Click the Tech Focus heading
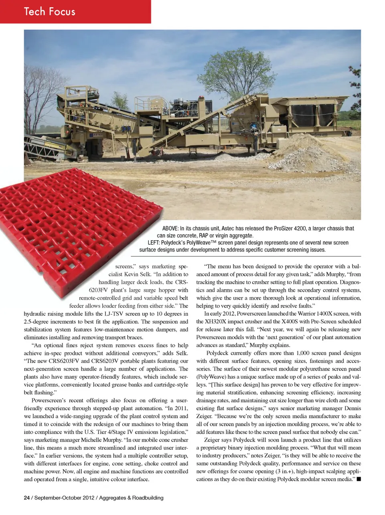49,11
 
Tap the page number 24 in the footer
27,498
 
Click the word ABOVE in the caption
170,229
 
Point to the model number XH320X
216,322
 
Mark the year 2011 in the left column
181,408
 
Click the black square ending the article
359,479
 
